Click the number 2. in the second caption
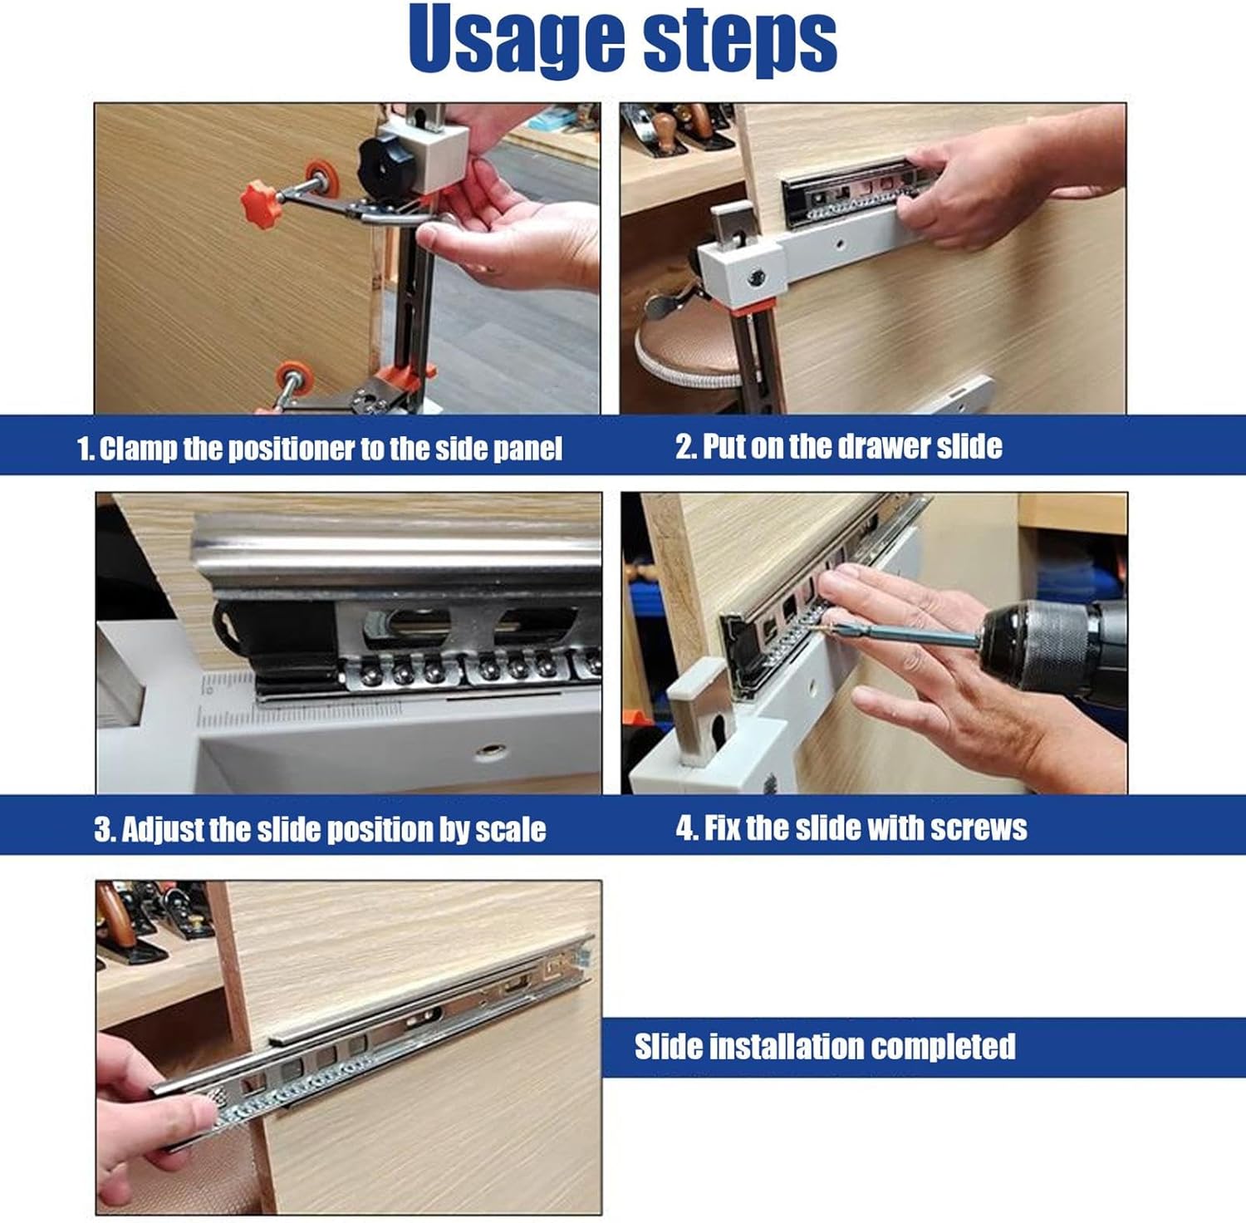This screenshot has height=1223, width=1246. click(686, 447)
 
